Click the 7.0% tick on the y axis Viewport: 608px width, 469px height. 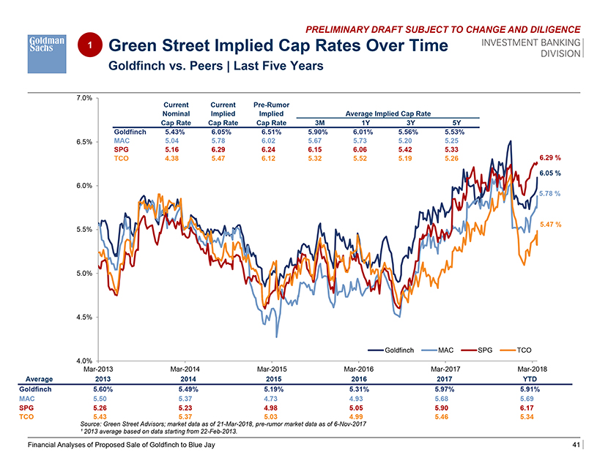point(83,97)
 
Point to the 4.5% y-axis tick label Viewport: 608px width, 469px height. point(83,318)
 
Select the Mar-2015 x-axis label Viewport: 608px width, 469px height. point(273,370)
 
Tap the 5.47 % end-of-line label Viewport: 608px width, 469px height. point(550,224)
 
